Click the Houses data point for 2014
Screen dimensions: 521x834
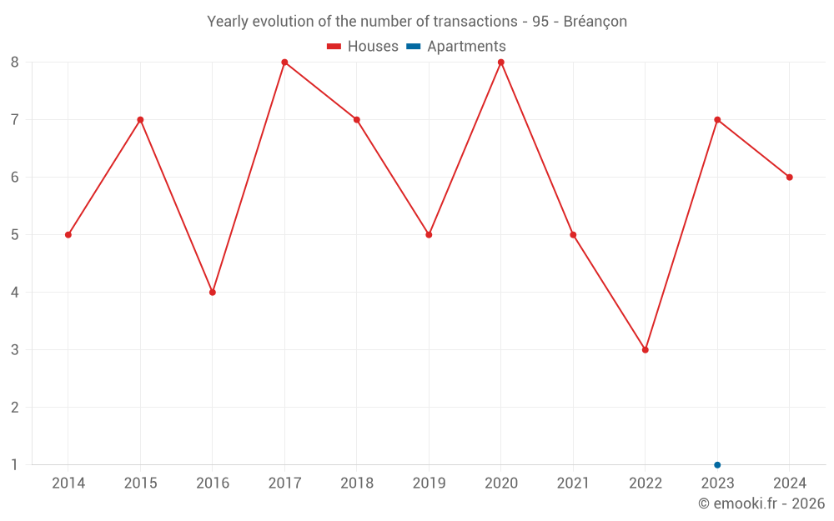[68, 234]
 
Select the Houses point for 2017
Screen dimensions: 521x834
[284, 62]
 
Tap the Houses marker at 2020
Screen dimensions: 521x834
[501, 62]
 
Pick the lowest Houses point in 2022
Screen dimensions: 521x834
[646, 350]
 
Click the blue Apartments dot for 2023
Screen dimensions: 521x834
[717, 465]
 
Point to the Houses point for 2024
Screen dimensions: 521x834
[789, 177]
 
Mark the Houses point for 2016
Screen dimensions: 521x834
[213, 293]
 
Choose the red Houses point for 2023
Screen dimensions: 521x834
[717, 119]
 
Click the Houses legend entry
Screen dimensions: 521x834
[363, 47]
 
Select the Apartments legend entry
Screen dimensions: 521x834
[456, 47]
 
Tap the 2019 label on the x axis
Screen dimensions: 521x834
[429, 483]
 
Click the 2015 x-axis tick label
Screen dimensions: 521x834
[140, 483]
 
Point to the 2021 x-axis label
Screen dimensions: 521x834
[573, 483]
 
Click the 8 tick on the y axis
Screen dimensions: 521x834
[15, 62]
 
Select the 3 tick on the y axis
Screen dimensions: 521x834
[15, 350]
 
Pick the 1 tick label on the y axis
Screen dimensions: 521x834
[15, 465]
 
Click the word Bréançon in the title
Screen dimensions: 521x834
[595, 22]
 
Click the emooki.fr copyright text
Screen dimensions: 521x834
[761, 503]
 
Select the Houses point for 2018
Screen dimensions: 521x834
[357, 119]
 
